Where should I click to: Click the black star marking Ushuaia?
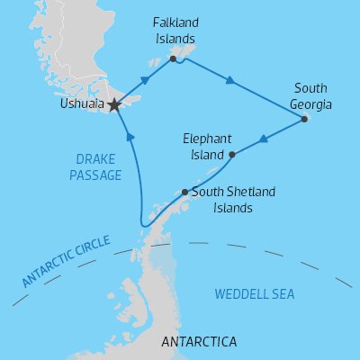(x=114, y=104)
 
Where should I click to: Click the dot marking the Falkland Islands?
(x=174, y=59)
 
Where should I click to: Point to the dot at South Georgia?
(x=304, y=119)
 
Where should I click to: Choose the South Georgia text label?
(x=311, y=97)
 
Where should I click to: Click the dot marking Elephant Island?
(x=232, y=155)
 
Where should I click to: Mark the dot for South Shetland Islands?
(x=184, y=192)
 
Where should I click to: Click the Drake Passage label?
(x=93, y=167)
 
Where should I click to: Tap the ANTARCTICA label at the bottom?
(x=198, y=342)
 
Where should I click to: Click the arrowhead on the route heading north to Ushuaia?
(x=131, y=138)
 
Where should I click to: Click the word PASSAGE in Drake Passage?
(x=93, y=175)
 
